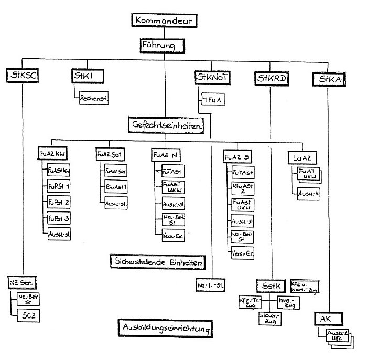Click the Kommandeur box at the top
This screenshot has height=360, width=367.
tap(165, 22)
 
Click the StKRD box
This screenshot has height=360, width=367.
tap(272, 78)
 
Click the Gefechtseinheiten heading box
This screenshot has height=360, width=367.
tap(166, 125)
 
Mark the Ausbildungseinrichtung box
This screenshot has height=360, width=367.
tap(165, 328)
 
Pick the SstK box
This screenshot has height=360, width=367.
tap(272, 286)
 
